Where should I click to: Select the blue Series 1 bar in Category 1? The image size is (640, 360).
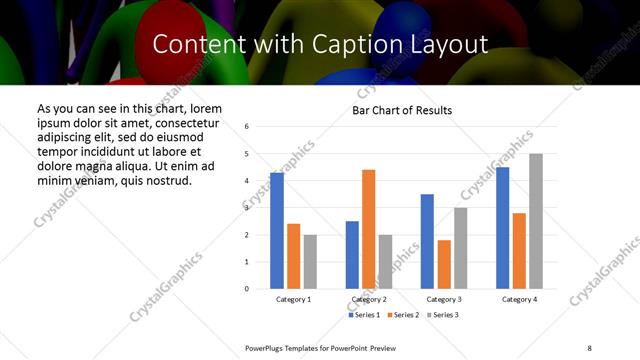pyautogui.click(x=276, y=230)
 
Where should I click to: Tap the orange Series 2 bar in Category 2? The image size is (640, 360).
pyautogui.click(x=368, y=229)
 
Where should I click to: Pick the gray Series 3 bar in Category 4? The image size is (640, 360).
pyautogui.click(x=536, y=221)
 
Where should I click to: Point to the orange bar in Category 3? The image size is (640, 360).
pyautogui.click(x=444, y=264)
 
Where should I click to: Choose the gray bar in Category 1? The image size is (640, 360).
pyautogui.click(x=310, y=261)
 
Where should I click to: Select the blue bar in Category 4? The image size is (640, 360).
pyautogui.click(x=502, y=227)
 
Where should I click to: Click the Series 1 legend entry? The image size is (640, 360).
pyautogui.click(x=363, y=315)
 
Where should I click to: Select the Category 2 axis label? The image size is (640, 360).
pyautogui.click(x=369, y=299)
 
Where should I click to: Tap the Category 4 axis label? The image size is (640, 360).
pyautogui.click(x=519, y=299)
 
